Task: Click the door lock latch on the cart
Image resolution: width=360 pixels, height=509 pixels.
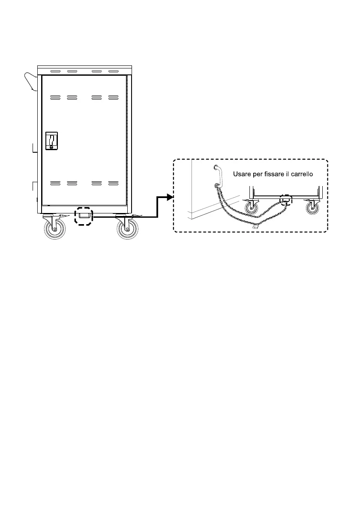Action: (x=51, y=141)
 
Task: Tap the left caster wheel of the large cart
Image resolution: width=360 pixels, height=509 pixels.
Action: (x=55, y=230)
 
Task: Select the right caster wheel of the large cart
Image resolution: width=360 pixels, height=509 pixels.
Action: (x=128, y=230)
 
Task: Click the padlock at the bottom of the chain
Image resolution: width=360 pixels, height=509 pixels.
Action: (x=255, y=228)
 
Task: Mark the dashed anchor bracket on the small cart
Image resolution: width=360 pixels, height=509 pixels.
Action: (x=285, y=200)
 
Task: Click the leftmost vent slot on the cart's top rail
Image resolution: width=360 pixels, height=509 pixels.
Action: (x=55, y=71)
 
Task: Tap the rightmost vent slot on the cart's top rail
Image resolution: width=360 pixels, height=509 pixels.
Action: (x=113, y=71)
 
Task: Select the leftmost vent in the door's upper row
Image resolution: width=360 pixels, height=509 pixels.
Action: (x=55, y=98)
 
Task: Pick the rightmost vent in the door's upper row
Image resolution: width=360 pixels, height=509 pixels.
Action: (x=113, y=98)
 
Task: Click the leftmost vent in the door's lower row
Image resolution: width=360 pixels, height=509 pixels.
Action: (x=55, y=183)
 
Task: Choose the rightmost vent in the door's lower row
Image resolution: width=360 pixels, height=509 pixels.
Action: (x=113, y=183)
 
